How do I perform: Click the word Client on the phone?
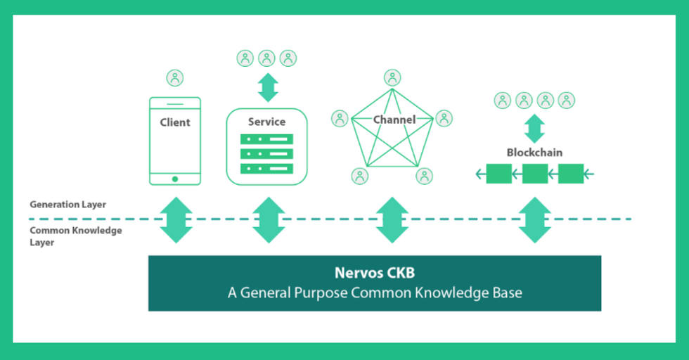175,122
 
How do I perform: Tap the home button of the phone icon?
175,179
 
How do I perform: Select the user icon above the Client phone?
175,78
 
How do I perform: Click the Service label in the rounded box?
266,122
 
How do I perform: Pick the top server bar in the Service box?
266,139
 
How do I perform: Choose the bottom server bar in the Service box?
266,168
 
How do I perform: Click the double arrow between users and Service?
268,87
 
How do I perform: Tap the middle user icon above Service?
266,58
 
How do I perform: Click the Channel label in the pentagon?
394,120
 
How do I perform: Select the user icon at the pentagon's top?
392,78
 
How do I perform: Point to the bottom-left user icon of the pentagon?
360,176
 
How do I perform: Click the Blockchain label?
534,153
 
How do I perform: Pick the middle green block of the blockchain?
535,174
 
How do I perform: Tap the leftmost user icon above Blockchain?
502,101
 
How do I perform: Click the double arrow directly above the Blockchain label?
535,129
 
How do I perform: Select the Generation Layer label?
67,205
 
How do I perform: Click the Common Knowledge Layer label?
76,236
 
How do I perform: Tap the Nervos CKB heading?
375,273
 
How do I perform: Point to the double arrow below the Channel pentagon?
392,220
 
